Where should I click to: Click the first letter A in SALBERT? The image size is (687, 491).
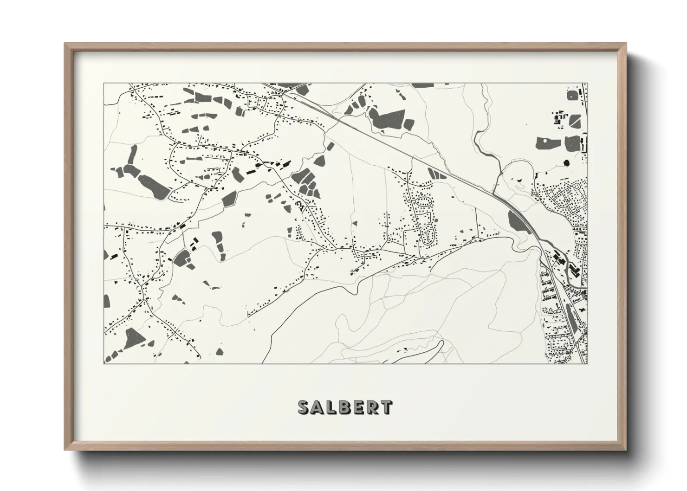(x=317, y=407)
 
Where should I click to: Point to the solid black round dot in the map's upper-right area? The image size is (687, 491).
(x=566, y=163)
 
